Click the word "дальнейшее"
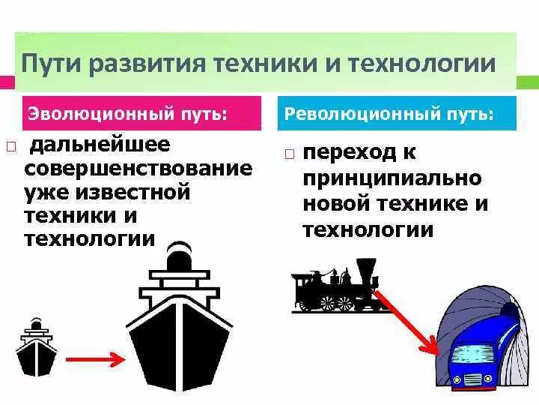click(x=97, y=143)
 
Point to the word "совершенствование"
click(x=138, y=167)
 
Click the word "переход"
click(x=350, y=152)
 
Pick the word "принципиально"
click(x=392, y=178)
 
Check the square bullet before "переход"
click(x=290, y=154)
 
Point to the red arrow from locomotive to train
click(x=407, y=318)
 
